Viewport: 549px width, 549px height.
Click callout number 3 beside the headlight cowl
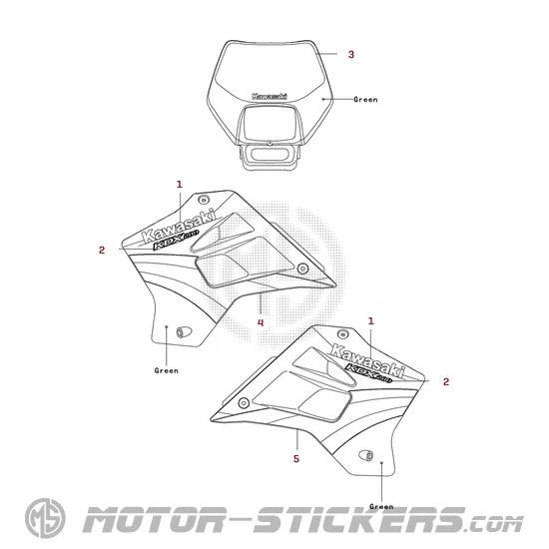pos(350,54)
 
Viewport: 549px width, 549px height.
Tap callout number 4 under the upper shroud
pos(261,322)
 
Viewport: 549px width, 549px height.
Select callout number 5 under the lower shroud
pos(296,458)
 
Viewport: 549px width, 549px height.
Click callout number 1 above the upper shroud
pos(180,185)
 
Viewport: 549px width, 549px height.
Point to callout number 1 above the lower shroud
pos(370,320)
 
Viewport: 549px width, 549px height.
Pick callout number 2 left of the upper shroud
pos(102,250)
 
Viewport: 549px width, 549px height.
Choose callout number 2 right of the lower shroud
pos(446,381)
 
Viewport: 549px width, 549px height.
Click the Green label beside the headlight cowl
pos(365,100)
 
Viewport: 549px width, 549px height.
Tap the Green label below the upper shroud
pos(167,370)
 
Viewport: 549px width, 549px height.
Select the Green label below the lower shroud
pos(381,506)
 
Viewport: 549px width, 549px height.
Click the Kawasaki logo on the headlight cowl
pos(270,96)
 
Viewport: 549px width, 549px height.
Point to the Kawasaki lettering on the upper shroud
pos(179,227)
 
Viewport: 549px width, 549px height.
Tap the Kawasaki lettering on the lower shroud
pos(367,360)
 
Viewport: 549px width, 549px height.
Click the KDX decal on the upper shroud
pos(176,240)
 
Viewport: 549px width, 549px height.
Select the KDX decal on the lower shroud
pos(368,373)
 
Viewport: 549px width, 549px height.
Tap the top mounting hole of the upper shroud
pos(203,200)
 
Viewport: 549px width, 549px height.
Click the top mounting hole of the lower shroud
pos(342,333)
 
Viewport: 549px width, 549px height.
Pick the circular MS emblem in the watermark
pos(45,518)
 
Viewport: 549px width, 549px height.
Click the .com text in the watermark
pos(495,525)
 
